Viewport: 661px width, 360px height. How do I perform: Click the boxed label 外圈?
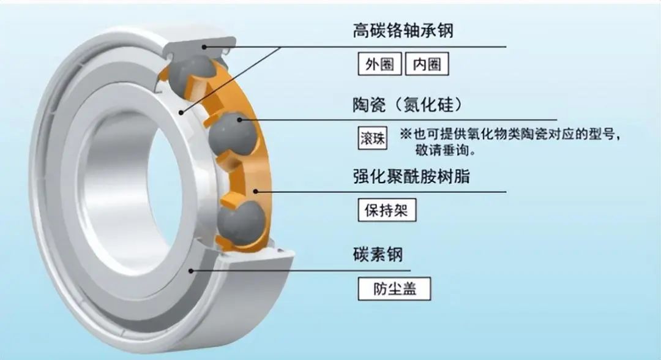click(x=379, y=64)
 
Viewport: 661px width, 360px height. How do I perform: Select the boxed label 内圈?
click(x=427, y=64)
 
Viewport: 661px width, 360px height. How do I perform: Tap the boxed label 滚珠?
click(x=373, y=138)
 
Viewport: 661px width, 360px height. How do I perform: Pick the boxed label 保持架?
click(x=387, y=210)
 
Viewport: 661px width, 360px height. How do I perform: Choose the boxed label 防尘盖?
click(x=394, y=289)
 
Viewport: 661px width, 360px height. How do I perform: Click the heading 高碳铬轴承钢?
click(x=403, y=31)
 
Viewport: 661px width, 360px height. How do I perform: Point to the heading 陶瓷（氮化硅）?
click(x=407, y=105)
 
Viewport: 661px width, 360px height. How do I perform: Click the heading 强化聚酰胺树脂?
click(x=411, y=176)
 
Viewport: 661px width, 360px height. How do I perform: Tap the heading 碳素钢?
click(x=378, y=255)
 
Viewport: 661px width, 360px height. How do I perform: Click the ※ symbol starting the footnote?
click(x=406, y=134)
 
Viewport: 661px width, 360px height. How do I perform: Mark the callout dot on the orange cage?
click(x=255, y=192)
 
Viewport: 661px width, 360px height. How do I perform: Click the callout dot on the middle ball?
click(x=239, y=120)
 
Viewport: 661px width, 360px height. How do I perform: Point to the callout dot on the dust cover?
click(x=191, y=271)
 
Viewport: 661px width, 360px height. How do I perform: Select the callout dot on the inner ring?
click(x=181, y=112)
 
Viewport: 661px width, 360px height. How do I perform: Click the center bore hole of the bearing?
click(x=129, y=190)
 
